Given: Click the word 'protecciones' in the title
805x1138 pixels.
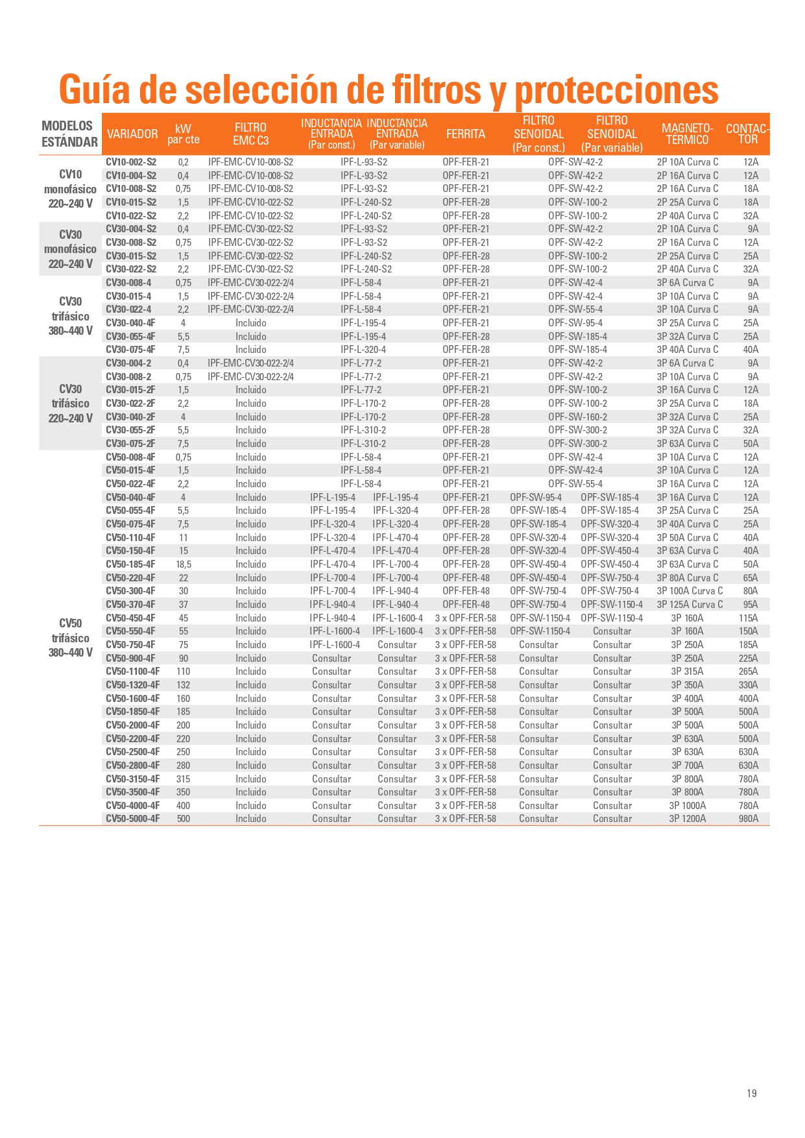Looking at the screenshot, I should pyautogui.click(x=616, y=90).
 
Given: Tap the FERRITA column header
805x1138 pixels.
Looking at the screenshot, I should pyautogui.click(x=465, y=134).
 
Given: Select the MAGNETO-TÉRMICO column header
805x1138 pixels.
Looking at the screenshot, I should pyautogui.click(x=687, y=134).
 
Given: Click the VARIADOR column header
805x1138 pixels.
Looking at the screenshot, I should pyautogui.click(x=132, y=134).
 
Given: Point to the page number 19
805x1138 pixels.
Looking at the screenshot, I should pyautogui.click(x=751, y=1093).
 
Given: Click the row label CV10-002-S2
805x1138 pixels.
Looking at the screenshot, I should pyautogui.click(x=131, y=162).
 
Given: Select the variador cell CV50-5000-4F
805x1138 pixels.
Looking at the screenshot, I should pyautogui.click(x=132, y=819).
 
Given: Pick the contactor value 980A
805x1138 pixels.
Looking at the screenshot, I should pyautogui.click(x=748, y=819).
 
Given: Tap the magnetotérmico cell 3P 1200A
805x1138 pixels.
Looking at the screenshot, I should pyautogui.click(x=687, y=819).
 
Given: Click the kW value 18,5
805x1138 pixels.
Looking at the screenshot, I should pyautogui.click(x=184, y=564).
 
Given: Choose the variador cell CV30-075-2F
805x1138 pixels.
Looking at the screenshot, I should pyautogui.click(x=130, y=444).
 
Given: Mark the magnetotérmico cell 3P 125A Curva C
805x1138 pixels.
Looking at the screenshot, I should pyautogui.click(x=689, y=605).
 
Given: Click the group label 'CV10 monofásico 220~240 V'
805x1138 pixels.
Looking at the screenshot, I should pyautogui.click(x=70, y=189).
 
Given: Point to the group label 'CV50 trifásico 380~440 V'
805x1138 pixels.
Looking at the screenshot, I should pyautogui.click(x=70, y=638).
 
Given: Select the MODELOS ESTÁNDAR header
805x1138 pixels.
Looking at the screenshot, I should pyautogui.click(x=69, y=134).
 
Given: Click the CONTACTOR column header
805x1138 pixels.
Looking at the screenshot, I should pyautogui.click(x=747, y=134).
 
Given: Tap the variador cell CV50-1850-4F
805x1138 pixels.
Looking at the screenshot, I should pyautogui.click(x=132, y=712).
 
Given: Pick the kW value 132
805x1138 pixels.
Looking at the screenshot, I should pyautogui.click(x=184, y=685).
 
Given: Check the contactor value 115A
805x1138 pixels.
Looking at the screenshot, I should pyautogui.click(x=748, y=618).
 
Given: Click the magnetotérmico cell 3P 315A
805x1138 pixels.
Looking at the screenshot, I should pyautogui.click(x=687, y=672).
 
